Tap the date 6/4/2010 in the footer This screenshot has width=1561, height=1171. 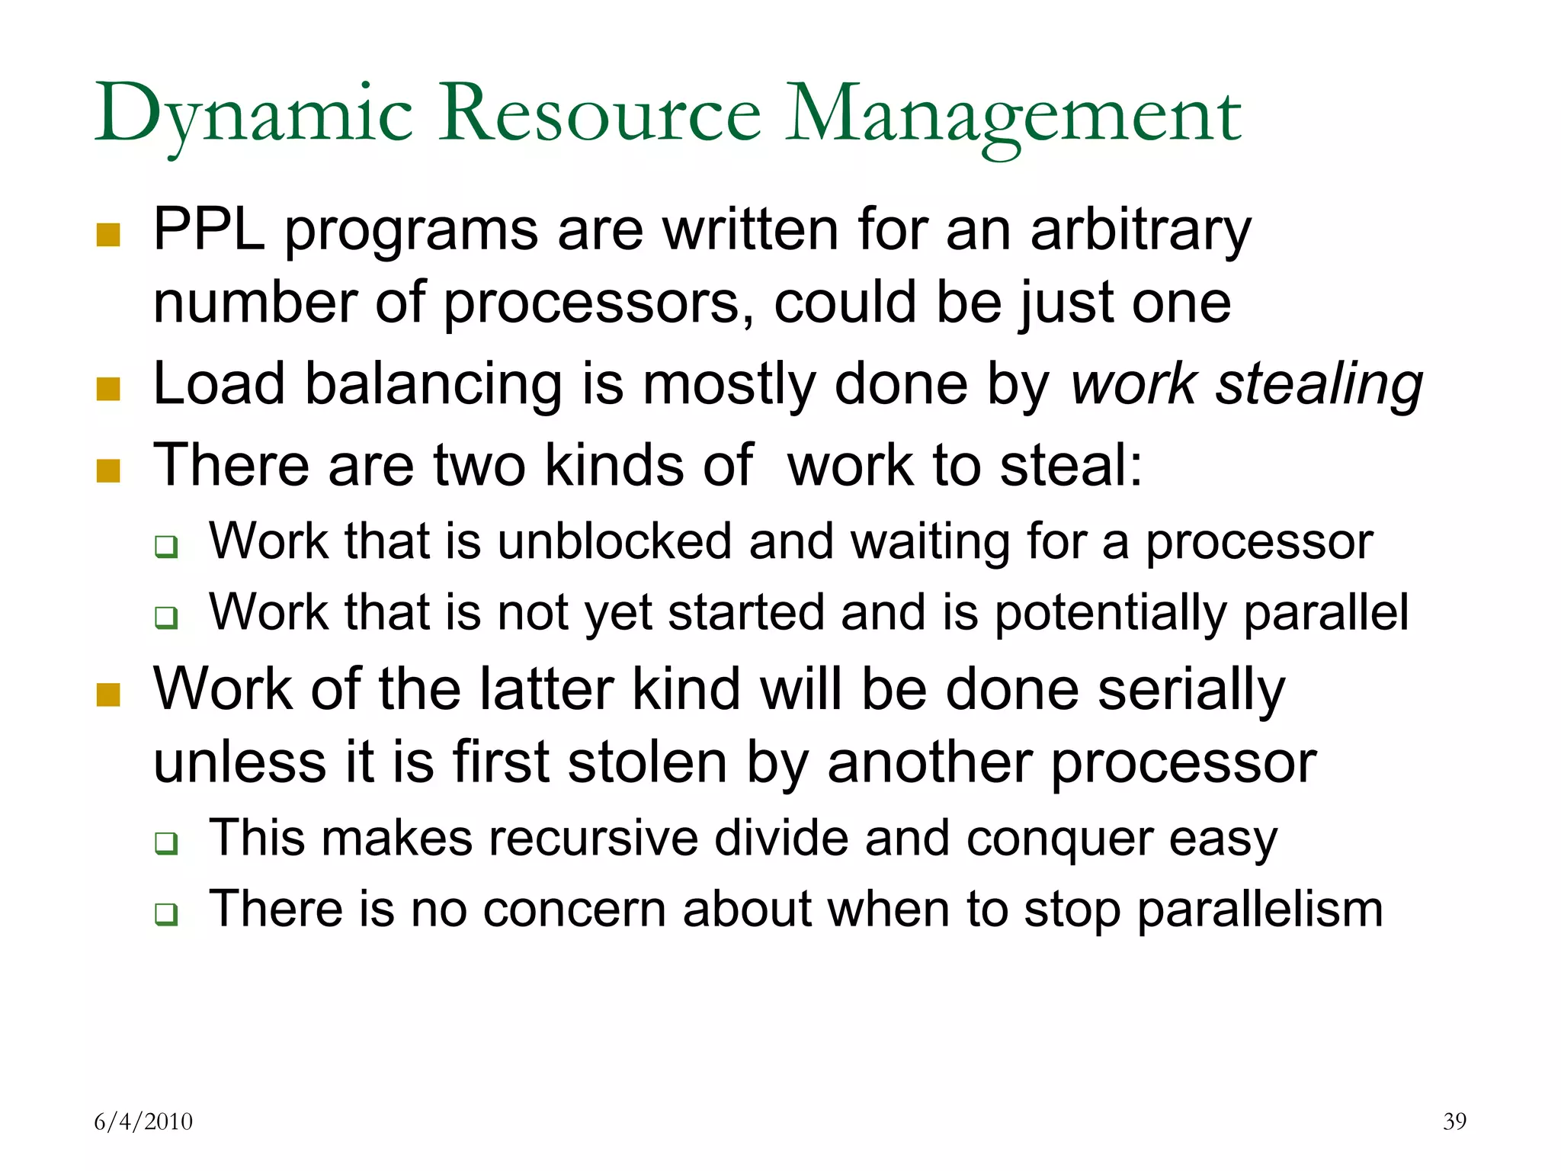[143, 1121]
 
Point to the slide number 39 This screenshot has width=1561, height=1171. [1454, 1121]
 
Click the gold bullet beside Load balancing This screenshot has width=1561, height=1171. [108, 389]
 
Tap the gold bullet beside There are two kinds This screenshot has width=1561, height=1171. [108, 470]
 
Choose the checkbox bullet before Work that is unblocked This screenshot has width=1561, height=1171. [166, 546]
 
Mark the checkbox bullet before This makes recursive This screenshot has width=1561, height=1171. [166, 843]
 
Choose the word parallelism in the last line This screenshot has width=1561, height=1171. [1260, 909]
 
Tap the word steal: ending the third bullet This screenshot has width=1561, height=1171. [1071, 465]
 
